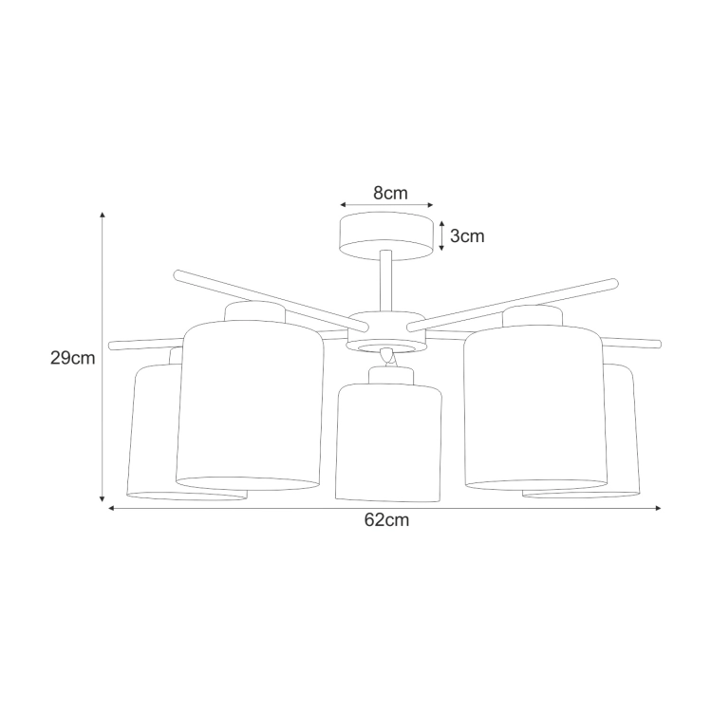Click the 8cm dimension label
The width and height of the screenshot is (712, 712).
390,194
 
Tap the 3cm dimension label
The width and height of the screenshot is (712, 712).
467,236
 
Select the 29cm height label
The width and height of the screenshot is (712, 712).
73,358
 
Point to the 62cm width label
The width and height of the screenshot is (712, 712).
386,520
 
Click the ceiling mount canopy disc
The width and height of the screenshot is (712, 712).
386,236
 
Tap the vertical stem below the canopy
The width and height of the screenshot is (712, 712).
386,282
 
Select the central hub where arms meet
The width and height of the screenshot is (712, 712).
386,331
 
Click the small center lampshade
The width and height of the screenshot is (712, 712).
388,442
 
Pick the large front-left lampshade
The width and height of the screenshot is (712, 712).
249,405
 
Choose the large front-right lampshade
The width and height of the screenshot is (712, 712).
535,407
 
